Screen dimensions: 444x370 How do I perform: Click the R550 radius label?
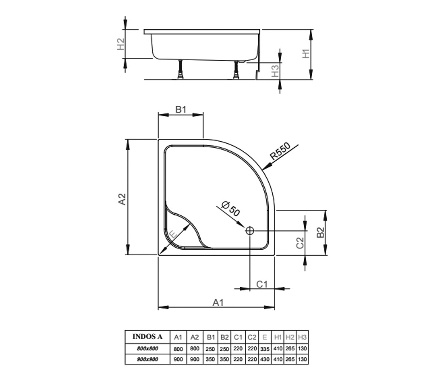point(280,151)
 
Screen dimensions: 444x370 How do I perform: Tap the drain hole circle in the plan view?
point(250,231)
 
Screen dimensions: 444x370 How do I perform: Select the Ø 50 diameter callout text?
point(231,209)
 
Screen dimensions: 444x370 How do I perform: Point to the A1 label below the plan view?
point(218,302)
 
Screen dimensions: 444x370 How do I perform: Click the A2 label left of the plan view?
point(122,199)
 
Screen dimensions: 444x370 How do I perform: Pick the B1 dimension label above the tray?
point(181,110)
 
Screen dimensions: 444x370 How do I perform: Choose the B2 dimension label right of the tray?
point(320,232)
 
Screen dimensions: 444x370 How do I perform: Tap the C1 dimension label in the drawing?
point(262,284)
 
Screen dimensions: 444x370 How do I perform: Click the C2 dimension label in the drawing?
point(300,243)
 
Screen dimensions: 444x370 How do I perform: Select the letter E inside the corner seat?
point(173,235)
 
